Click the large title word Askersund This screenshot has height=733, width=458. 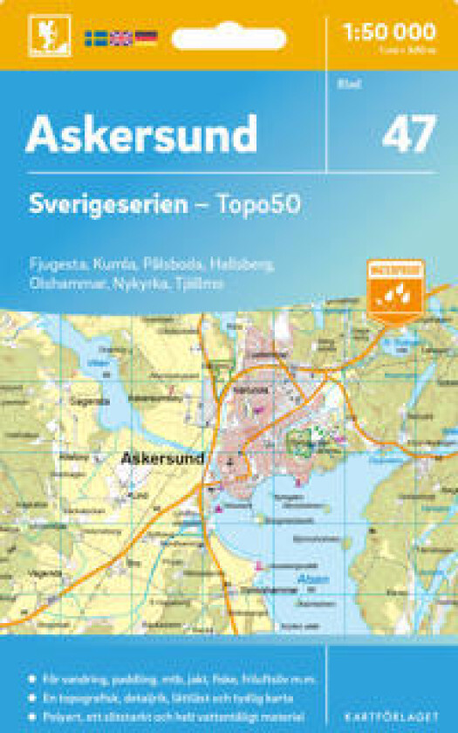(141, 134)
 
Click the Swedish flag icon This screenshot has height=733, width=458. (95, 38)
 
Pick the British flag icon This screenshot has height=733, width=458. (120, 38)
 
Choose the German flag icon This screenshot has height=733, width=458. (146, 38)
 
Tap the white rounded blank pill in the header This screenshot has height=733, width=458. (229, 39)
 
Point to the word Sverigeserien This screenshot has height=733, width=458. (107, 205)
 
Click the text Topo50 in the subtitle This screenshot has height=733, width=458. (260, 205)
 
